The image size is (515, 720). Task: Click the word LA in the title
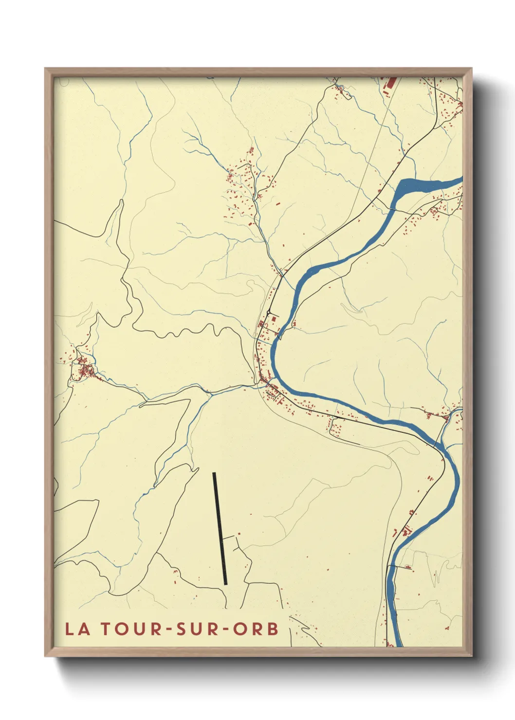pyautogui.click(x=78, y=629)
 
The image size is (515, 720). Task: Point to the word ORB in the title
pyautogui.click(x=256, y=629)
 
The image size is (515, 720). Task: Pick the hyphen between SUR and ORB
pyautogui.click(x=226, y=630)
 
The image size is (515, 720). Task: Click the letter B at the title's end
pyautogui.click(x=273, y=629)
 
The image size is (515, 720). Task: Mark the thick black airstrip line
pyautogui.click(x=220, y=528)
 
